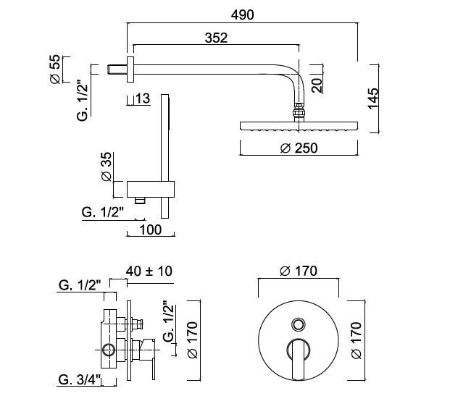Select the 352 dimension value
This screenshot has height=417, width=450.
216,38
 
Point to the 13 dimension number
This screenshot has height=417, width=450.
142,98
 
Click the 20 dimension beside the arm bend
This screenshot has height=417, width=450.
317,85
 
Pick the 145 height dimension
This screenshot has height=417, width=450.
372,98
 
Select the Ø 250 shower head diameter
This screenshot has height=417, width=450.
298,148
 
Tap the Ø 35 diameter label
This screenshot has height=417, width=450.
105,167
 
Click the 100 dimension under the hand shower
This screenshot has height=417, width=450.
150,229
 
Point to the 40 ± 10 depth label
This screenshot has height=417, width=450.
149,271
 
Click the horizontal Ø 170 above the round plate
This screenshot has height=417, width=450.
298,271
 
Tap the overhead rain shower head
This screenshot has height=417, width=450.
298,125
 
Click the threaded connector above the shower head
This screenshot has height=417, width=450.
297,111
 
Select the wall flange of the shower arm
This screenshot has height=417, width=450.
130,69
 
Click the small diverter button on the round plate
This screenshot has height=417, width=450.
299,323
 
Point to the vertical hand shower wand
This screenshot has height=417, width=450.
166,152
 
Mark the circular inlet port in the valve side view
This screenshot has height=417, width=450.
109,350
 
